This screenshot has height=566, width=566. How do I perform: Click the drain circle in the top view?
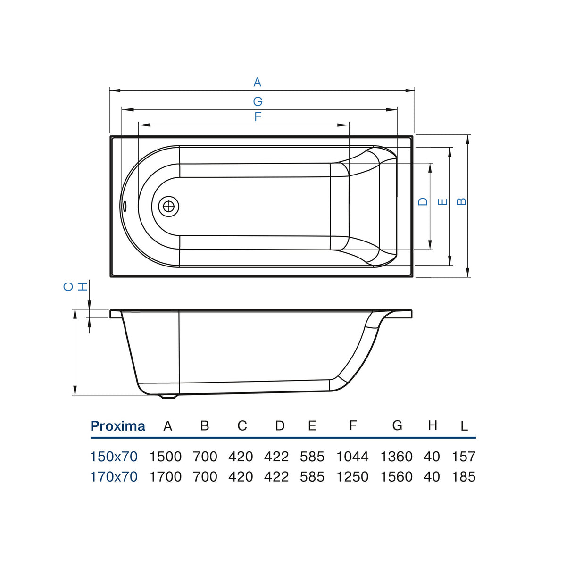(x=168, y=207)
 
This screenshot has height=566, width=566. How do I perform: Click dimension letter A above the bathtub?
(x=258, y=82)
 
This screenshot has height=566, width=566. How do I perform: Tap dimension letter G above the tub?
(x=258, y=101)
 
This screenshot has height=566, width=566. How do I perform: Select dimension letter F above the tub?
(x=258, y=117)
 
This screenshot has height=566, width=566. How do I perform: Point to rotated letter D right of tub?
(x=423, y=201)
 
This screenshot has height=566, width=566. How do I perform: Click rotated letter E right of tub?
(x=442, y=202)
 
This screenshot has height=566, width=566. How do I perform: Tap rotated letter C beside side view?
(x=68, y=286)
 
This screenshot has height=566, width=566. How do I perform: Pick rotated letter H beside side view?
(x=83, y=286)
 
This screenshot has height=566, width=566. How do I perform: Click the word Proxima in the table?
(x=118, y=426)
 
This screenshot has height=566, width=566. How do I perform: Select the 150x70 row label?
(x=114, y=457)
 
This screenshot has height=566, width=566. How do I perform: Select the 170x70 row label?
(x=114, y=476)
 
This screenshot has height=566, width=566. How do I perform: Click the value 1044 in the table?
(x=352, y=457)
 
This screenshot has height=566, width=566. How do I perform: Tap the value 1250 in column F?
(x=352, y=476)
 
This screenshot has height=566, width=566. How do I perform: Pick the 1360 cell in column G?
(x=397, y=457)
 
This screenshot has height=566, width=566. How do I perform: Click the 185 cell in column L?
(x=464, y=476)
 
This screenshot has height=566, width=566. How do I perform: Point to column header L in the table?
(x=464, y=426)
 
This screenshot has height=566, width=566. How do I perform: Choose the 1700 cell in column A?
(x=166, y=476)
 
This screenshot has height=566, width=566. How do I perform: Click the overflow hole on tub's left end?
(x=125, y=206)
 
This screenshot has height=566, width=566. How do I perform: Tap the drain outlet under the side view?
(x=168, y=397)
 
